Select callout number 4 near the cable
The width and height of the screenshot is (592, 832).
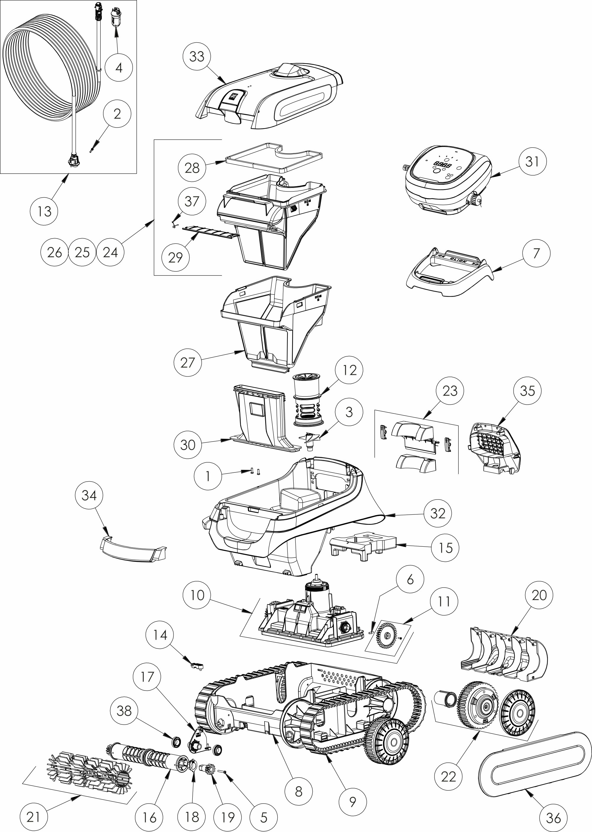tap(119, 67)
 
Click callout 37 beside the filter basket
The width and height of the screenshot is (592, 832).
tap(192, 201)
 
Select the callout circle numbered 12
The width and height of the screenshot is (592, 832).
tap(349, 370)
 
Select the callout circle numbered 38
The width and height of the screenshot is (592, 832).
tap(124, 711)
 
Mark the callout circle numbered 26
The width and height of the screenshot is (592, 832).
tap(54, 252)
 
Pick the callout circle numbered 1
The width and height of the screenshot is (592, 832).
tap(208, 476)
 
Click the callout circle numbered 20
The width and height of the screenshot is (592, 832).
tap(539, 595)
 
